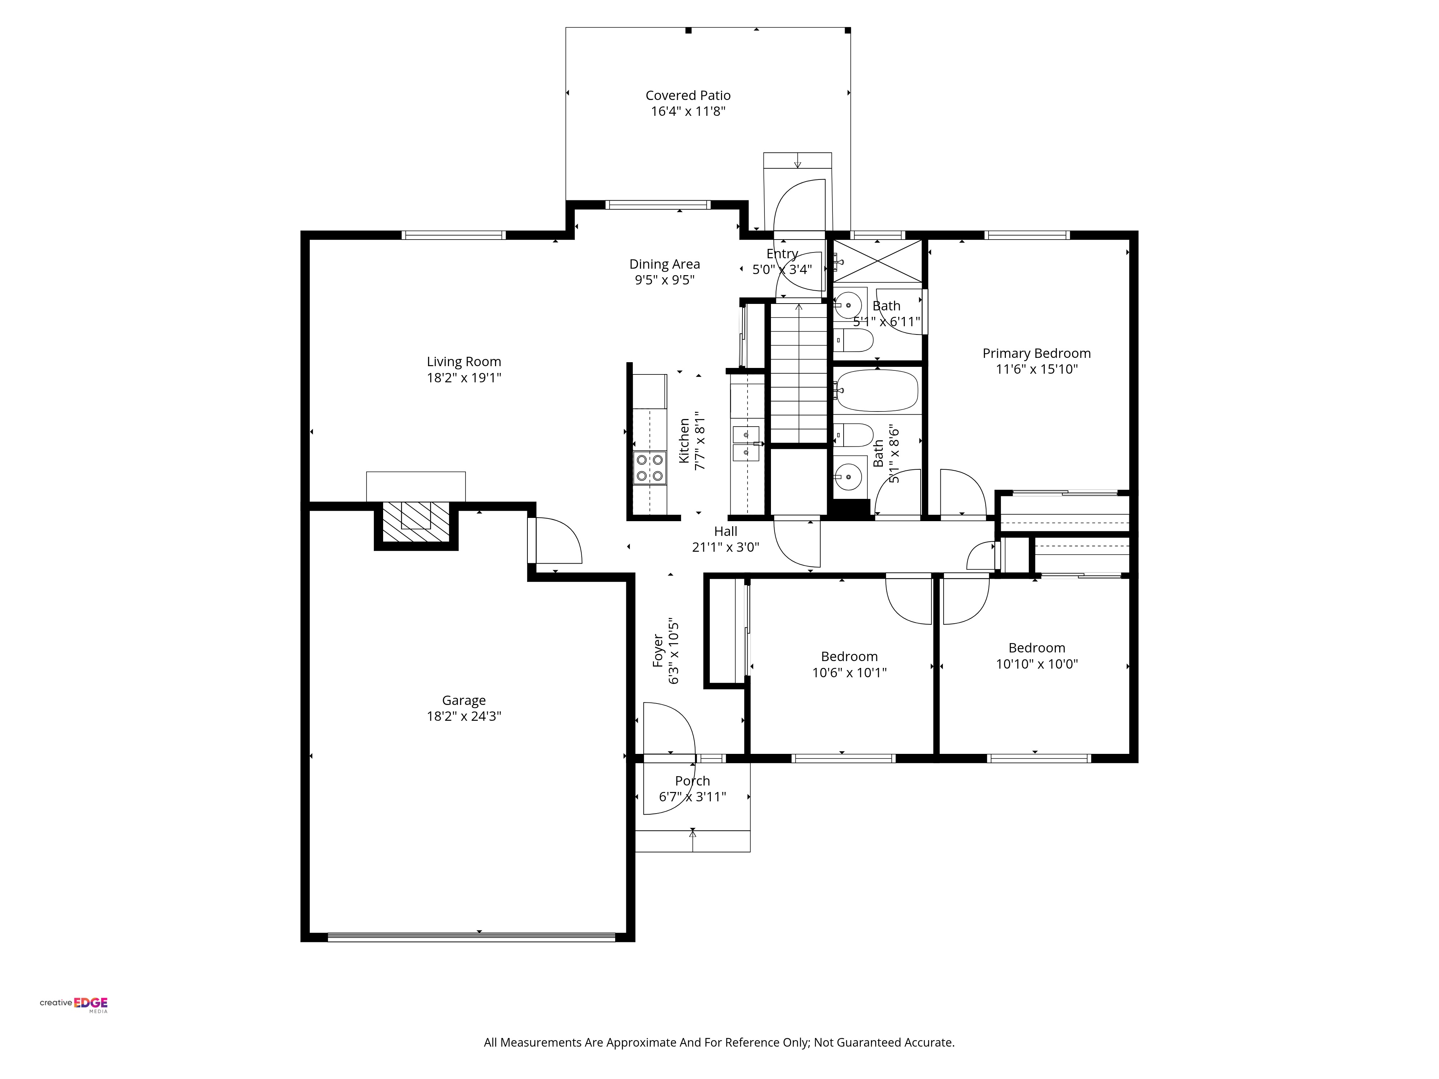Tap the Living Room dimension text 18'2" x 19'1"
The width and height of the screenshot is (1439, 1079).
pyautogui.click(x=464, y=378)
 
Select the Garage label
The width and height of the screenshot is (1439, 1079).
pyautogui.click(x=464, y=701)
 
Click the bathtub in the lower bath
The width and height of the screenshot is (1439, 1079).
pyautogui.click(x=877, y=391)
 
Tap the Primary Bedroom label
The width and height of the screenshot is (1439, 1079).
pyautogui.click(x=1036, y=353)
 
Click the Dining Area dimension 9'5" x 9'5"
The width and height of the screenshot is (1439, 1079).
pyautogui.click(x=664, y=280)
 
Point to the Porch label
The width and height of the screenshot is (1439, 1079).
pyautogui.click(x=692, y=780)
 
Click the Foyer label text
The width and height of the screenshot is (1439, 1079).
pyautogui.click(x=658, y=650)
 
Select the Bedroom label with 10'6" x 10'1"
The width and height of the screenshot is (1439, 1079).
pyautogui.click(x=849, y=657)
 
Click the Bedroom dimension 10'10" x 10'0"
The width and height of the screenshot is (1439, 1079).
pyautogui.click(x=1036, y=664)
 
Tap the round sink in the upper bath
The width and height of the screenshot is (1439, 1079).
pyautogui.click(x=848, y=304)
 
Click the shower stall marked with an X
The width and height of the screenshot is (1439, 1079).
pyautogui.click(x=877, y=261)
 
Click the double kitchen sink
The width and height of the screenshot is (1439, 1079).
pyautogui.click(x=746, y=443)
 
